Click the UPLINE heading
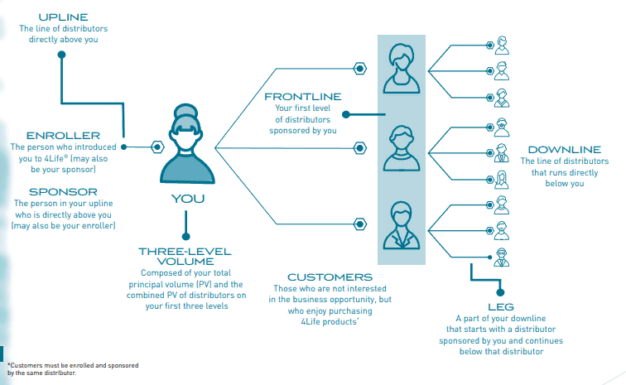pos(63,17)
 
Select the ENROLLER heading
pos(63,136)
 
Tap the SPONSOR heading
pos(63,192)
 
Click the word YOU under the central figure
pos(188,199)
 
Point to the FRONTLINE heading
pos(302,97)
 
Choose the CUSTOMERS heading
pos(330,277)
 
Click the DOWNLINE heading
pos(565,150)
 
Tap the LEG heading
pos(501,306)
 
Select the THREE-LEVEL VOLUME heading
pos(185,257)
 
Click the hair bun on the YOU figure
pos(186,111)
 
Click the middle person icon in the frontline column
pos(402,148)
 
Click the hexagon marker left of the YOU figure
pos(157,147)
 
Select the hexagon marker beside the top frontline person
pos(359,69)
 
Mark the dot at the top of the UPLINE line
pos(61,55)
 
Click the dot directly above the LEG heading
pos(500,293)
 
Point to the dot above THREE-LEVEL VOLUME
pos(185,237)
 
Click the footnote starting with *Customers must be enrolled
pos(73,369)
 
